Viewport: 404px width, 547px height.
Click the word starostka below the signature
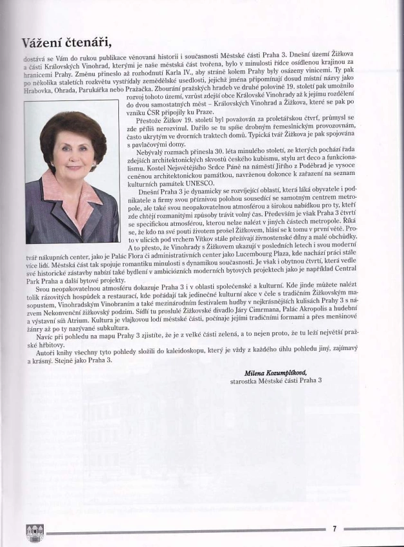point(244,381)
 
